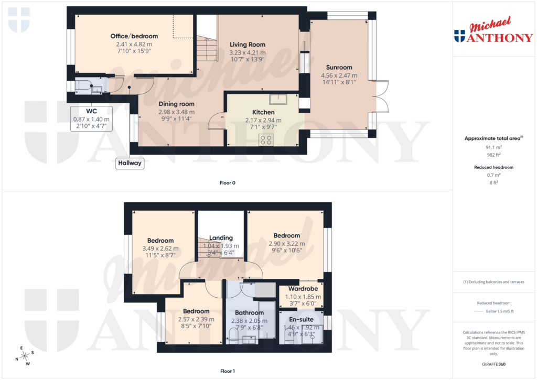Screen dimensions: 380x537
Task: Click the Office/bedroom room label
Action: (134, 36)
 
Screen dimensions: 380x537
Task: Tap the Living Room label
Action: (248, 45)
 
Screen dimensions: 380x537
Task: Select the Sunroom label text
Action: (339, 67)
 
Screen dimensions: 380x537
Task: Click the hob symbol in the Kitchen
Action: (266, 139)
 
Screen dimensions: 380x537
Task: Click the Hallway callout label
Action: (130, 163)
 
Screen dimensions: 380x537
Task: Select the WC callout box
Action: (91, 118)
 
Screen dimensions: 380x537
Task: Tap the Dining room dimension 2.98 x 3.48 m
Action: (176, 112)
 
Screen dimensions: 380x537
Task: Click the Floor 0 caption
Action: (227, 183)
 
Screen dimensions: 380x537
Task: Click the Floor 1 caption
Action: (227, 371)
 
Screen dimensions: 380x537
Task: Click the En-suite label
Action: (301, 319)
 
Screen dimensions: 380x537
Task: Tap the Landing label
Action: (221, 238)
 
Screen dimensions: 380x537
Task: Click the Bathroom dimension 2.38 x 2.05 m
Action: (249, 321)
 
